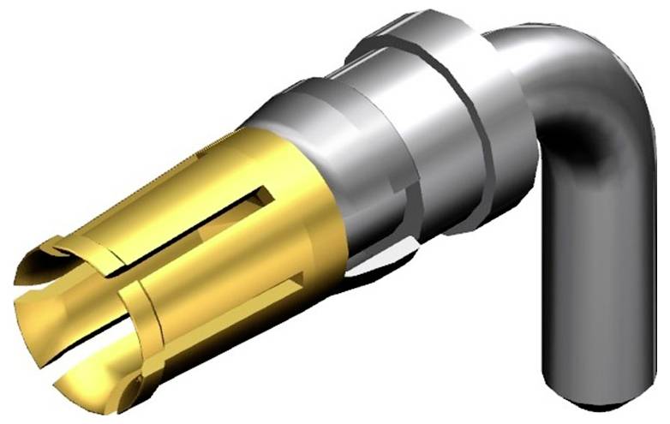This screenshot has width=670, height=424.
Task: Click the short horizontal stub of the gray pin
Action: [x=531, y=51]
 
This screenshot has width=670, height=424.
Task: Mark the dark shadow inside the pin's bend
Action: [x=591, y=146]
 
